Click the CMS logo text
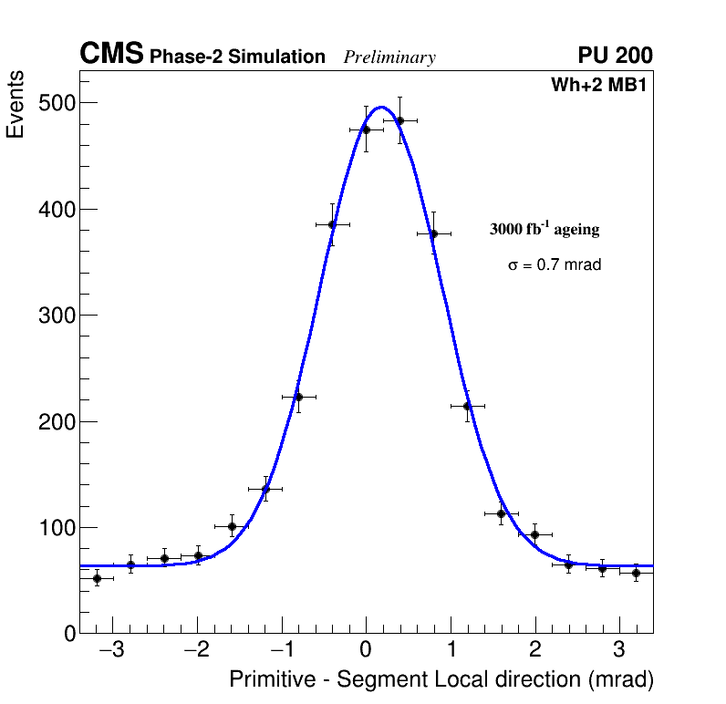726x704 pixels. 111,55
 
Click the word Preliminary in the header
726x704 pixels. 389,57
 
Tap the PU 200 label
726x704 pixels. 615,56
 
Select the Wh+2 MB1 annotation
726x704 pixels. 598,86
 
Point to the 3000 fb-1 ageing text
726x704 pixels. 544,230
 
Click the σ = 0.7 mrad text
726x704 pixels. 555,265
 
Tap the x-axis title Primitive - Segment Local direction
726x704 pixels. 441,680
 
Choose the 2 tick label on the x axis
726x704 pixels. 535,650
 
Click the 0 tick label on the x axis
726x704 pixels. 366,650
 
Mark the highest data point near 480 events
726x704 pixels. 399,120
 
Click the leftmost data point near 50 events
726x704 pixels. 97,578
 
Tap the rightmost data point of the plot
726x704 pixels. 636,573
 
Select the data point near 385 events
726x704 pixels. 332,224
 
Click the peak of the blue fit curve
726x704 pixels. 380,107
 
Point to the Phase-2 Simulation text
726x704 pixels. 237,57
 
